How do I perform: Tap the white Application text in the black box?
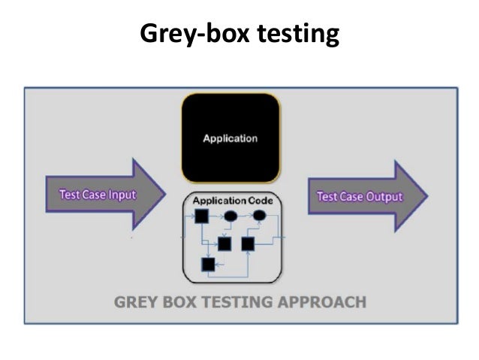click(x=230, y=138)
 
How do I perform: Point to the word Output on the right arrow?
click(x=384, y=197)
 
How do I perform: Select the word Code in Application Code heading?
click(x=256, y=201)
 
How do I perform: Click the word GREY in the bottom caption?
click(x=134, y=302)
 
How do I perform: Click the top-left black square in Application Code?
click(x=201, y=217)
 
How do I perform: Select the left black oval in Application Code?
click(x=231, y=216)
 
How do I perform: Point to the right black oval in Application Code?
click(x=259, y=216)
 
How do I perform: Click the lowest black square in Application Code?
click(x=208, y=264)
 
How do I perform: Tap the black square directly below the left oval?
click(x=224, y=244)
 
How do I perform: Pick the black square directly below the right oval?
click(x=248, y=244)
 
